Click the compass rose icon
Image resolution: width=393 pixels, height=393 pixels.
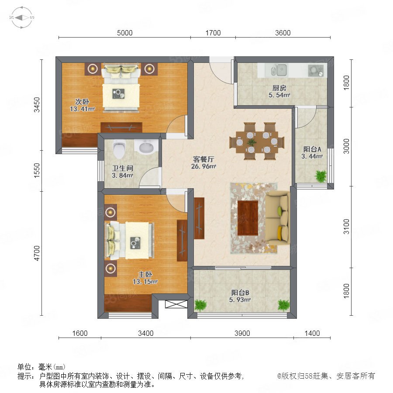tap(22, 17)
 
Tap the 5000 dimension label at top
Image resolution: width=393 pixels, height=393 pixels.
tap(125, 33)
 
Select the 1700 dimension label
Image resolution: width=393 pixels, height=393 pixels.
tap(213, 33)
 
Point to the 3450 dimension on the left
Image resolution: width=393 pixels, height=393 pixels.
tap(37, 105)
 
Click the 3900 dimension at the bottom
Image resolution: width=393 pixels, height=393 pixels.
tap(242, 333)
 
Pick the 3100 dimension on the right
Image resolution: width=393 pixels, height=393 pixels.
tap(346, 226)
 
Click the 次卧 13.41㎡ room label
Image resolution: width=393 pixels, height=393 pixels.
tap(82, 105)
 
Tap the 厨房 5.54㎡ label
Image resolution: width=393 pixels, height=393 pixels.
tap(279, 92)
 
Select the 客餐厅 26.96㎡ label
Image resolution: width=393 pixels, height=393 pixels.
tap(203, 163)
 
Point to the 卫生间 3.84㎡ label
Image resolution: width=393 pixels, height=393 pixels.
tap(122, 172)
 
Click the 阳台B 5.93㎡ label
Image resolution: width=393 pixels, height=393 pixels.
tap(240, 296)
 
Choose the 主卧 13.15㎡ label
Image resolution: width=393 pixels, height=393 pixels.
tap(145, 278)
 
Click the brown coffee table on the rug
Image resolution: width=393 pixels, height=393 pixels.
tap(248, 218)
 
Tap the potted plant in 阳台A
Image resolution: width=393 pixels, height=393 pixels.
tap(321, 176)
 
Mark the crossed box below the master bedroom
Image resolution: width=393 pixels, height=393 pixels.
tap(176, 304)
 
